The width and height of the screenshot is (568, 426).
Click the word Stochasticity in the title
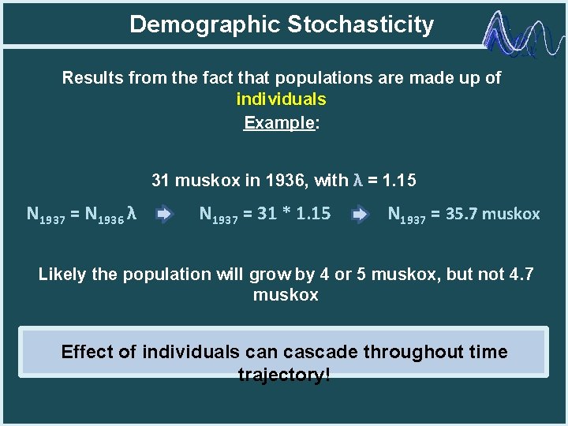pyautogui.click(x=361, y=24)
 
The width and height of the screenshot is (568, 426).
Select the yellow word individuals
pyautogui.click(x=281, y=99)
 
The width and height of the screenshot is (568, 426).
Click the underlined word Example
pyautogui.click(x=278, y=123)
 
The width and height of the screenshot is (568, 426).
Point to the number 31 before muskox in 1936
pyautogui.click(x=161, y=181)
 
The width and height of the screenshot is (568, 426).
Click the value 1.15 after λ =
pyautogui.click(x=398, y=181)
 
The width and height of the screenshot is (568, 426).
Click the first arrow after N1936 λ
pyautogui.click(x=165, y=215)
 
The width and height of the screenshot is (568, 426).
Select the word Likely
pyautogui.click(x=62, y=275)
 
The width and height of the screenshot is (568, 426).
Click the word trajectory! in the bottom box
pyautogui.click(x=284, y=375)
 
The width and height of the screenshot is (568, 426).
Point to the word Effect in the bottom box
pyautogui.click(x=86, y=352)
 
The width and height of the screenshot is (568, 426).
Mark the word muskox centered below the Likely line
pyautogui.click(x=285, y=295)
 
